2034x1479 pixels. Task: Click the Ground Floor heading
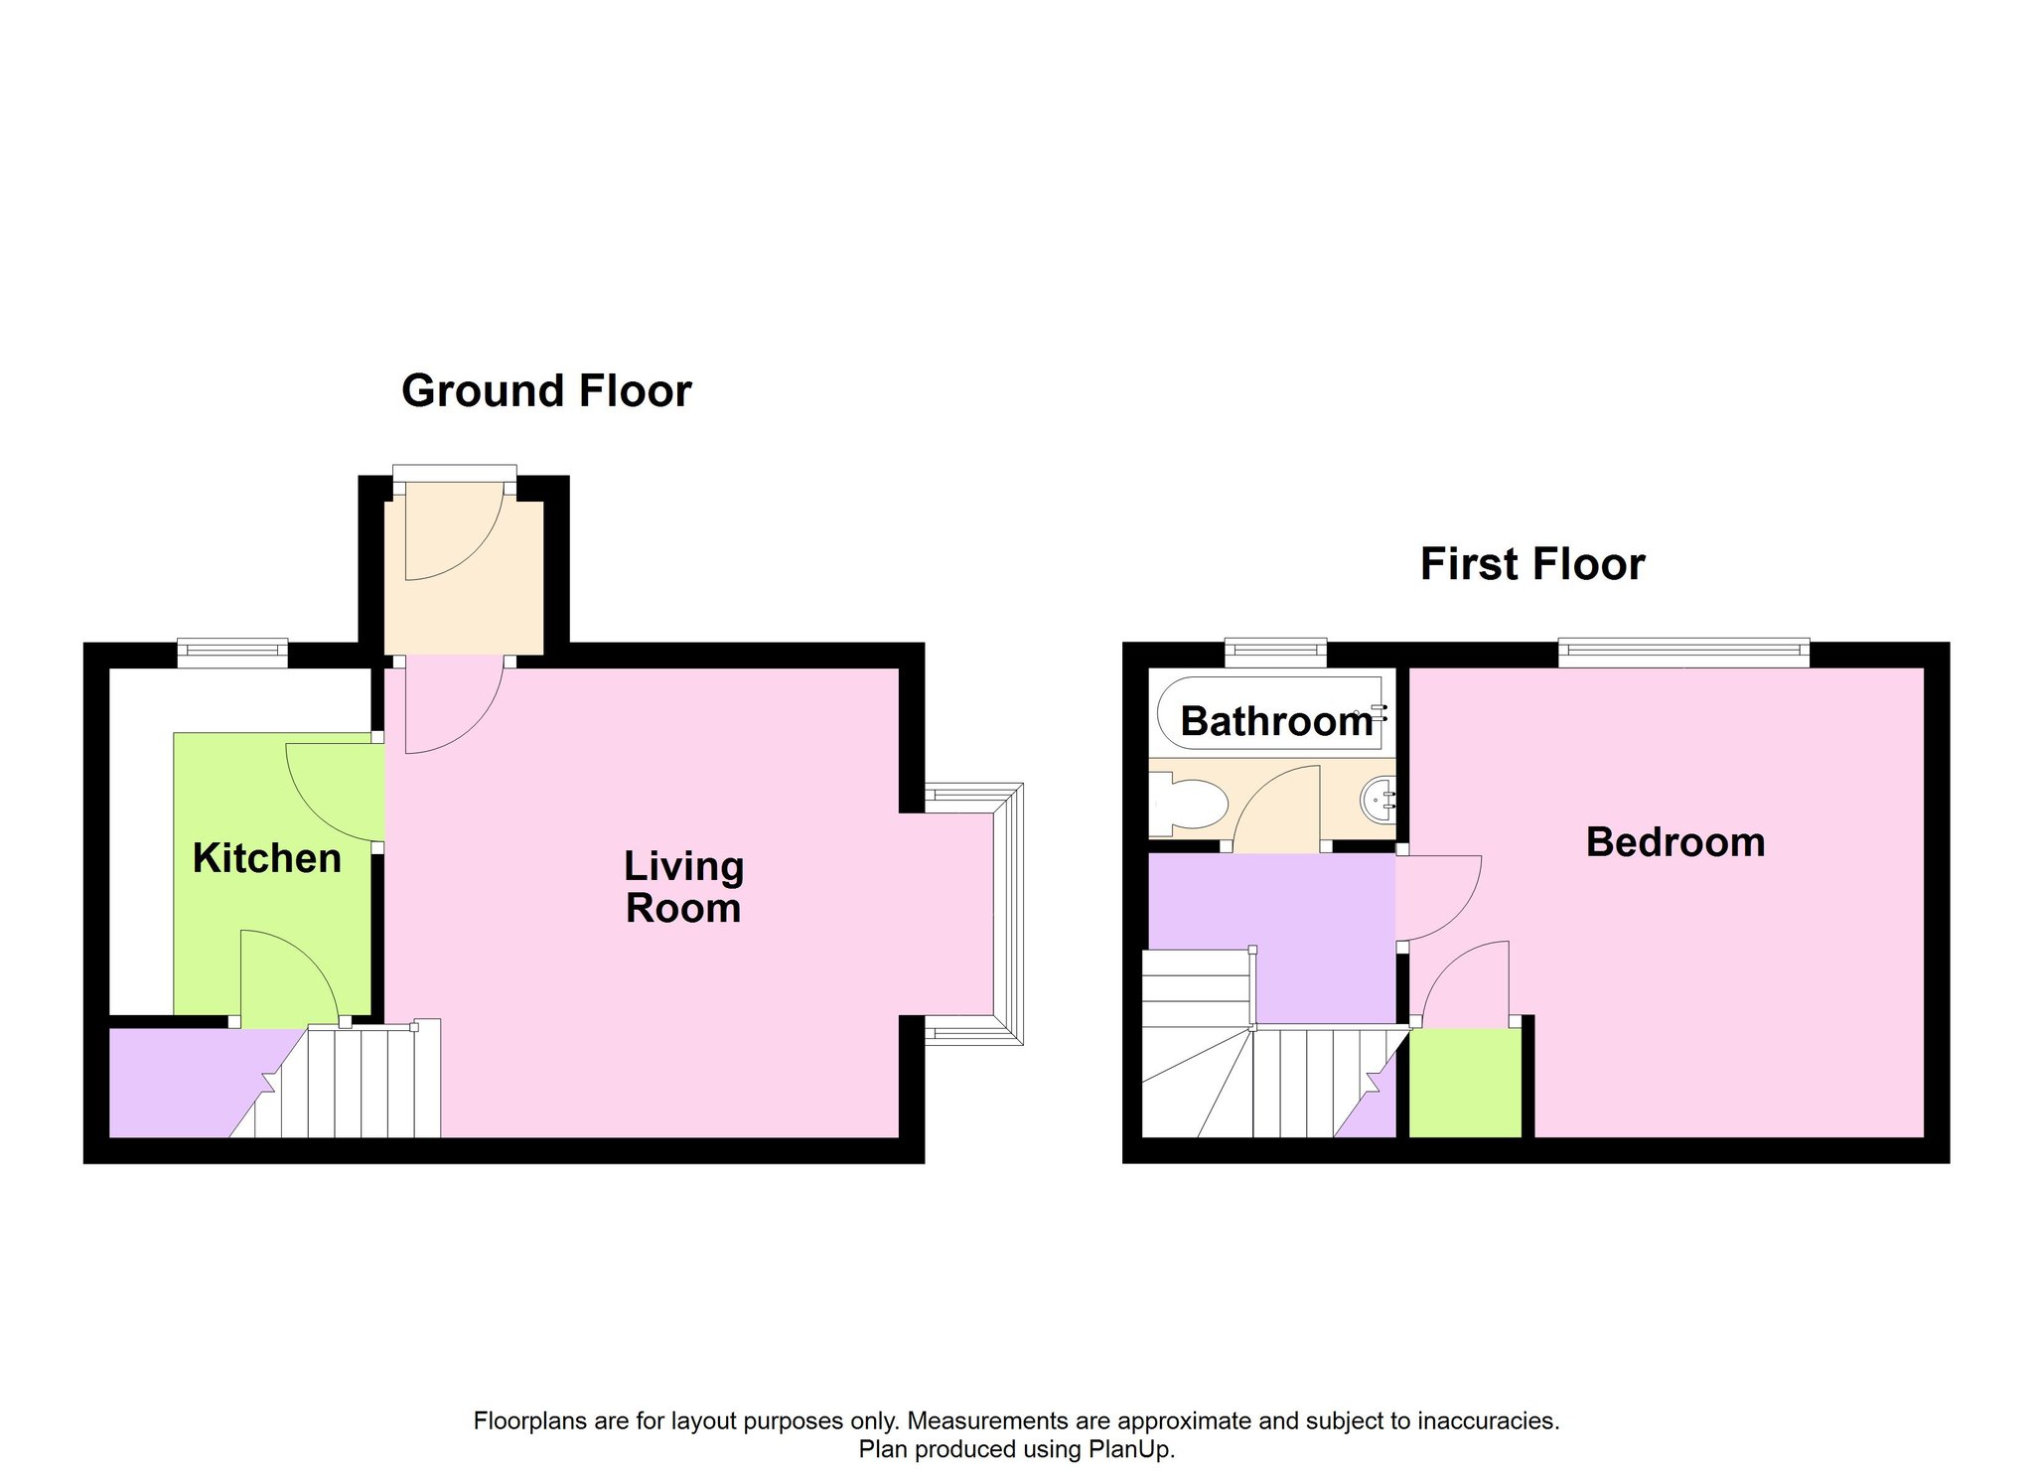[x=546, y=391]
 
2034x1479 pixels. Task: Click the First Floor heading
[x=1532, y=564]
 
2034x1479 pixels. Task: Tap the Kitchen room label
[x=267, y=858]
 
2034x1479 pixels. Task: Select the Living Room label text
[x=683, y=887]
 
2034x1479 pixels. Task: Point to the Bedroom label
[x=1675, y=842]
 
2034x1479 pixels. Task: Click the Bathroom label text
[x=1277, y=721]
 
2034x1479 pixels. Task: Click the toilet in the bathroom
[x=1187, y=804]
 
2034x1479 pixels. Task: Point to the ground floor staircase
[x=348, y=1081]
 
